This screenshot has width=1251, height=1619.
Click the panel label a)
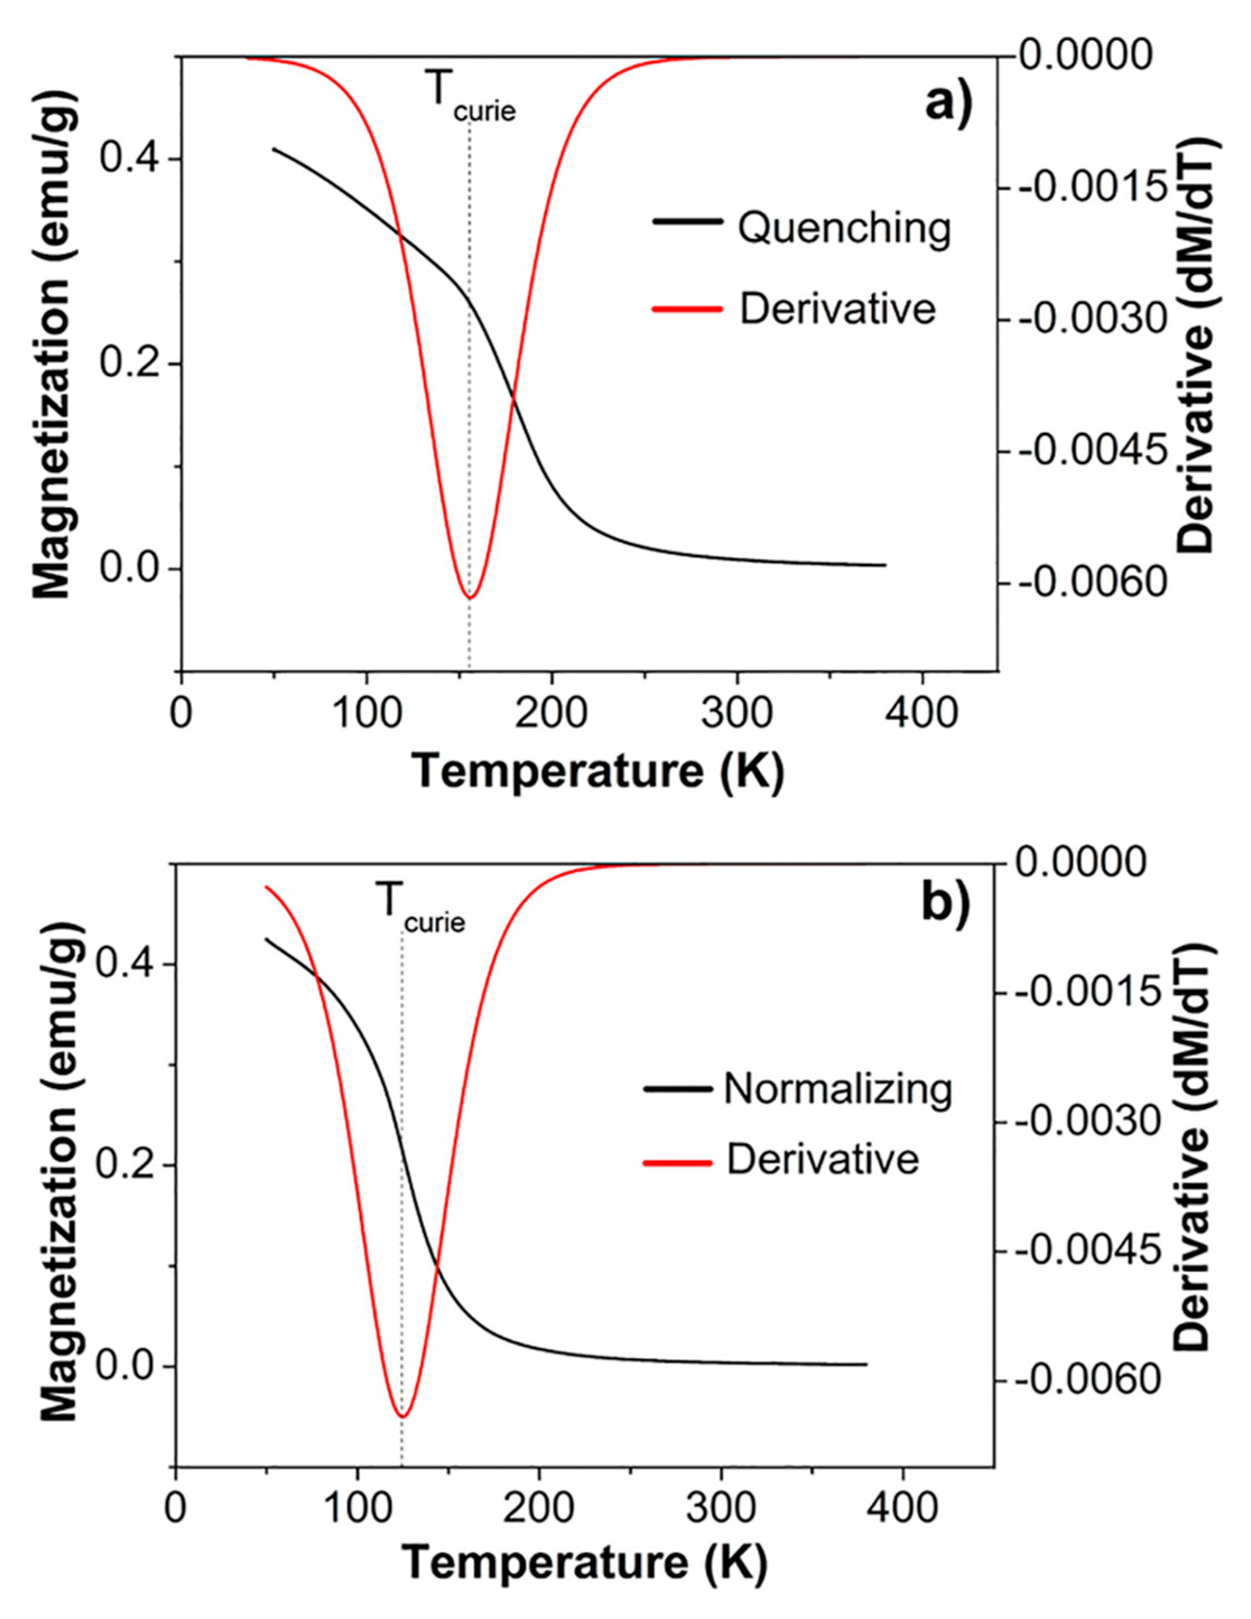(948, 103)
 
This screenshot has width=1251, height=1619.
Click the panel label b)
(945, 904)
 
